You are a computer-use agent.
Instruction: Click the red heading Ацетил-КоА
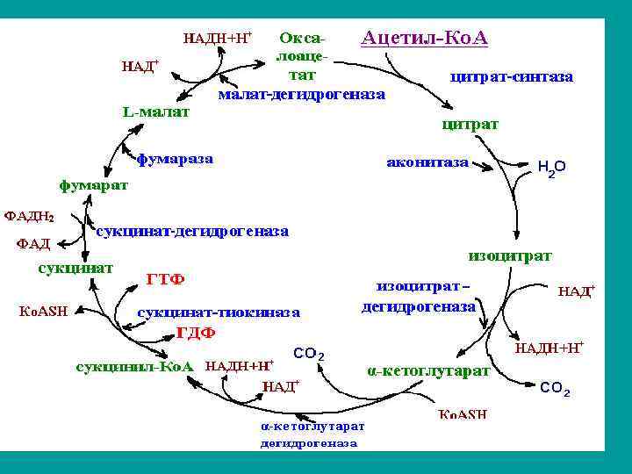click(424, 39)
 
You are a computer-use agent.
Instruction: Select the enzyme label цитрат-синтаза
click(511, 77)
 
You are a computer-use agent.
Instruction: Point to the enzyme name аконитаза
click(427, 162)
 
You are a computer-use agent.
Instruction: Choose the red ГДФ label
click(197, 334)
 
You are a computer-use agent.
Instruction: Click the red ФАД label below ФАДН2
click(33, 243)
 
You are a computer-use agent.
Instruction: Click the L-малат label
click(155, 112)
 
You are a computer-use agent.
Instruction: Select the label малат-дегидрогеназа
click(301, 92)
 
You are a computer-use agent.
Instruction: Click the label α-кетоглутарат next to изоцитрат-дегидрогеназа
click(427, 370)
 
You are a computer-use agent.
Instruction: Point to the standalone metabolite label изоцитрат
click(511, 255)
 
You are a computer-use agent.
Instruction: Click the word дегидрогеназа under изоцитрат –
click(419, 307)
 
